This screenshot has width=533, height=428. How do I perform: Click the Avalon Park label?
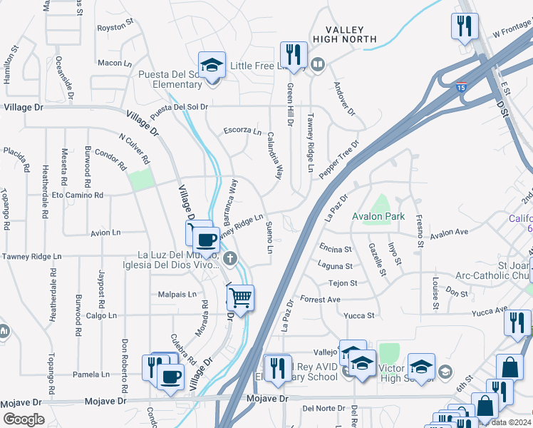pyautogui.click(x=378, y=216)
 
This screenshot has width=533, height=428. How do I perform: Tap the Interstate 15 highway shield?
pyautogui.click(x=461, y=87)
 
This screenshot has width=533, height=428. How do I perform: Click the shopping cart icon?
pyautogui.click(x=241, y=297)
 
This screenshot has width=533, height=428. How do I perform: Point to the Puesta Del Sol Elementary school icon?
pyautogui.click(x=212, y=65)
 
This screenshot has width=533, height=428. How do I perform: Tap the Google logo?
pyautogui.click(x=24, y=419)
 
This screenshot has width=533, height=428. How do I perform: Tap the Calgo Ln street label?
pyautogui.click(x=91, y=315)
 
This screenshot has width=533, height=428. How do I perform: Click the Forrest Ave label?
pyautogui.click(x=318, y=299)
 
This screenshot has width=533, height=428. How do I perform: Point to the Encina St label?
pyautogui.click(x=336, y=249)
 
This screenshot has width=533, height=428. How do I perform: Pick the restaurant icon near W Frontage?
pyautogui.click(x=464, y=27)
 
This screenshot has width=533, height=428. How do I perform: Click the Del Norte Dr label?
pyautogui.click(x=318, y=409)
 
